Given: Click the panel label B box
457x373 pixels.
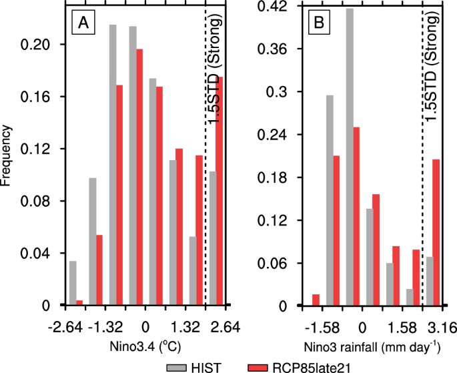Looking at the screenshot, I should pyautogui.click(x=318, y=24).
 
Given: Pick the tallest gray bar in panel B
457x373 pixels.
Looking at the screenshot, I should pyautogui.click(x=350, y=157).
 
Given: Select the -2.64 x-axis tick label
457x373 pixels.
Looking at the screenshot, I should pyautogui.click(x=64, y=327).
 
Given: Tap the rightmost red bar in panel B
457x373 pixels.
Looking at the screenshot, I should pyautogui.click(x=436, y=232).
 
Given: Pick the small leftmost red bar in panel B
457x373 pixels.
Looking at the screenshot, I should pyautogui.click(x=316, y=300).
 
